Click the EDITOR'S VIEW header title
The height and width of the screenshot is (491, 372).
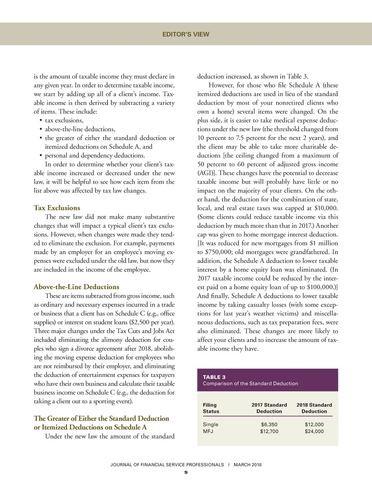186,34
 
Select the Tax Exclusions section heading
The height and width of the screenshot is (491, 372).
57,208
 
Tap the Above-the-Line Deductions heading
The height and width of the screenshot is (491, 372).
76,287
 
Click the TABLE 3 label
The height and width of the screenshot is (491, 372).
214,377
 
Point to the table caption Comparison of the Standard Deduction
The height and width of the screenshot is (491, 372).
250,384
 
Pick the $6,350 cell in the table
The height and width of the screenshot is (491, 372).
269,424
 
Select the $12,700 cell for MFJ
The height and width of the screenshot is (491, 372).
269,431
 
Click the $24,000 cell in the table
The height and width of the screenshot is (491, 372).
314,431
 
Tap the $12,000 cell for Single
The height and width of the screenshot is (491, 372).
314,424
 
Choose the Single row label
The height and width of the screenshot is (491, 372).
210,424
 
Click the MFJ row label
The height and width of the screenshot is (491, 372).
208,431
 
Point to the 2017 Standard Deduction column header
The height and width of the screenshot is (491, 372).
269,408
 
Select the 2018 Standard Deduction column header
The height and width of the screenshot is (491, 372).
314,408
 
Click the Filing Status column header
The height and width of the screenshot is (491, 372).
211,408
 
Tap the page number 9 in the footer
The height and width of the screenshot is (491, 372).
186,473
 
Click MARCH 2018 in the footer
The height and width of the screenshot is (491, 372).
247,465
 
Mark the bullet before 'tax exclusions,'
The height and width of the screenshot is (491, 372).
41,120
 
